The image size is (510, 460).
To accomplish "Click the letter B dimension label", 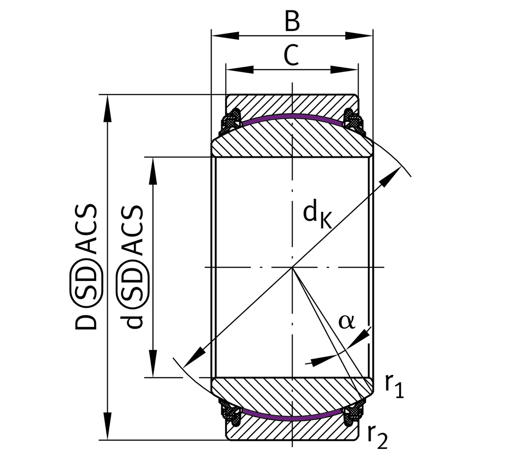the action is (x=292, y=21).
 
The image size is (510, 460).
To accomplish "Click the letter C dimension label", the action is (x=292, y=55).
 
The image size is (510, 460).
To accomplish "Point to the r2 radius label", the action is (x=378, y=437).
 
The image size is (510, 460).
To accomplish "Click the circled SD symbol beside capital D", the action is (x=86, y=279).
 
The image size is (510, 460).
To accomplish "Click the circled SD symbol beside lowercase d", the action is (x=133, y=279).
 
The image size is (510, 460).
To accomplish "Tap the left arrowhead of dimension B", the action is (x=225, y=36).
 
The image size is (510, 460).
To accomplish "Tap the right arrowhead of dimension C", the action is (x=344, y=69).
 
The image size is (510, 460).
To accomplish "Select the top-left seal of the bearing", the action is (x=230, y=121).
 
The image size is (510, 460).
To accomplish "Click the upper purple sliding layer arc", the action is (x=292, y=116).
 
